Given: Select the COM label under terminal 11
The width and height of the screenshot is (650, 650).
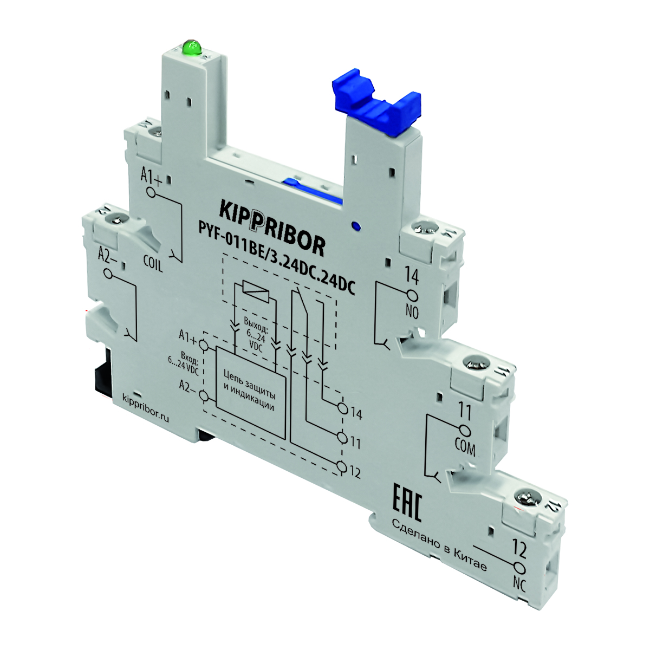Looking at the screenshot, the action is (x=465, y=447).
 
